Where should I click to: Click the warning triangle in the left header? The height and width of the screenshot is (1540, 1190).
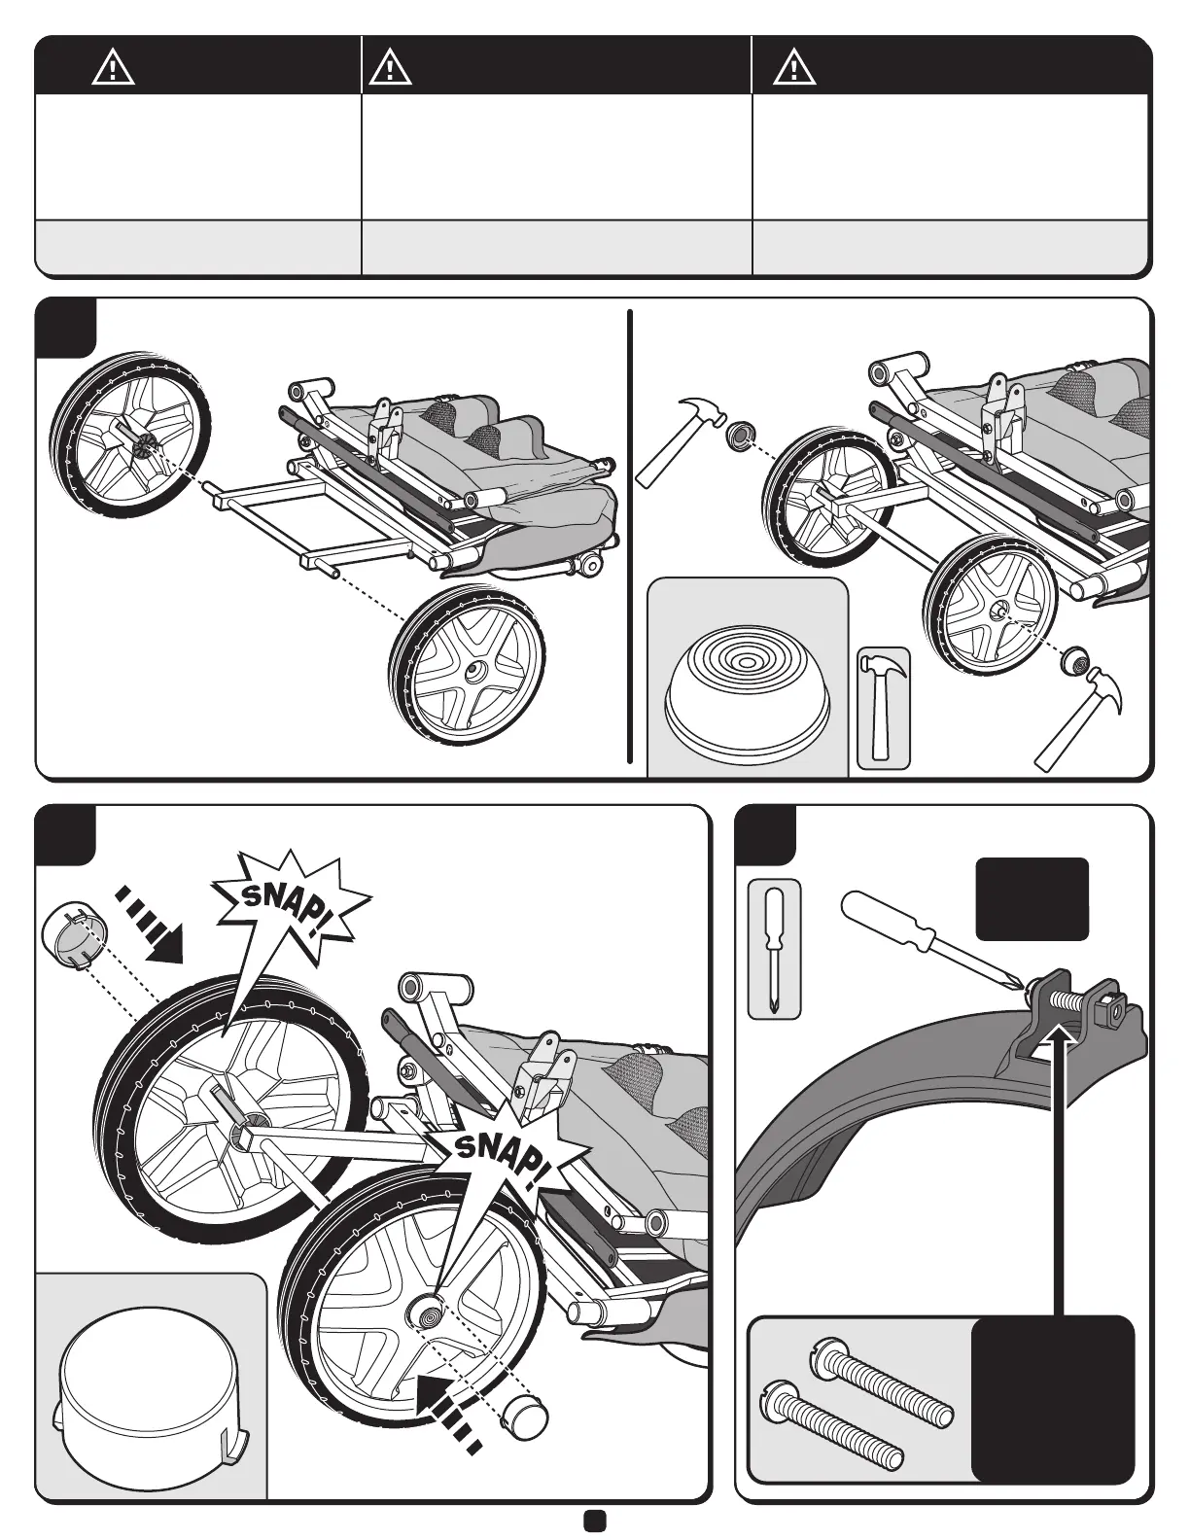(114, 68)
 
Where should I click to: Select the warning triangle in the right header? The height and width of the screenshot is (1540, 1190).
(793, 67)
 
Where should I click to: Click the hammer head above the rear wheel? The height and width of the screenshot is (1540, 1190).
(699, 412)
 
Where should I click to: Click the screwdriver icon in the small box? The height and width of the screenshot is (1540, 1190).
(774, 949)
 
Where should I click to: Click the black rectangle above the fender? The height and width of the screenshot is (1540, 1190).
(1032, 898)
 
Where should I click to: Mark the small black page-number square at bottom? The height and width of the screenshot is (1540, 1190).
(595, 1521)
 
